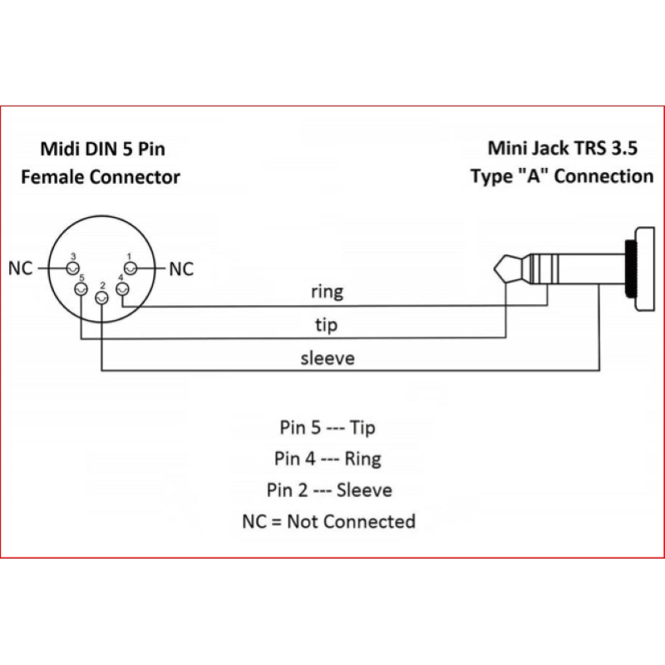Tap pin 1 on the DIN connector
(x=131, y=268)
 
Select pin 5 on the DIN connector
(x=81, y=288)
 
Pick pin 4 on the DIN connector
(x=123, y=288)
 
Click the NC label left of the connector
(x=22, y=269)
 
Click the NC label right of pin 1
(x=181, y=269)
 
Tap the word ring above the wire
(x=327, y=293)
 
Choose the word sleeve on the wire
(x=327, y=359)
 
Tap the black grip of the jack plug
(x=638, y=271)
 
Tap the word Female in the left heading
(x=53, y=176)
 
